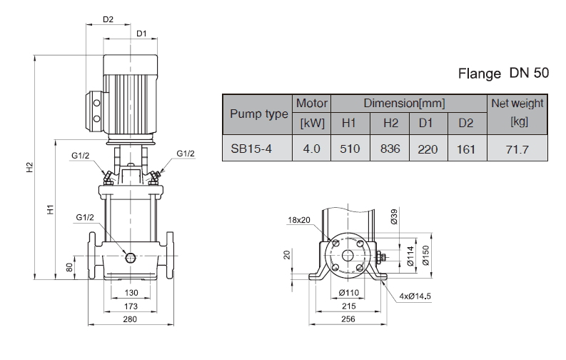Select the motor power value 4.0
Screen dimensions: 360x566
point(312,149)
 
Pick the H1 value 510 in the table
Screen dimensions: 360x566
point(348,149)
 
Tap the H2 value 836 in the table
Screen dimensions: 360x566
point(390,149)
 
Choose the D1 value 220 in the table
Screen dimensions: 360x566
point(426,149)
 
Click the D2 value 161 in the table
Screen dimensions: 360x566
point(466,149)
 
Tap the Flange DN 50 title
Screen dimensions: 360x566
point(502,73)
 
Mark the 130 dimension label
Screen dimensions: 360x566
point(131,293)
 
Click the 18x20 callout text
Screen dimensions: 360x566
point(300,219)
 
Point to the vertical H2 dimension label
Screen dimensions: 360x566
point(30,167)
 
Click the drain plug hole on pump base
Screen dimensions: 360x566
point(131,257)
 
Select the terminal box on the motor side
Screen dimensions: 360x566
point(96,110)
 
